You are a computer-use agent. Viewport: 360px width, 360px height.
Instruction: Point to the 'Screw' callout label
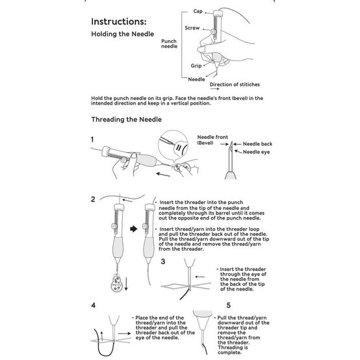pos(193,29)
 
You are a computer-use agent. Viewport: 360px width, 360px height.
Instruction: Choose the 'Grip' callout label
pos(196,66)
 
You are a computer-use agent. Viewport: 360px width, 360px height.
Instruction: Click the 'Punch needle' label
pos(169,44)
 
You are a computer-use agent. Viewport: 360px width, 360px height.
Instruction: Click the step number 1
pos(93,139)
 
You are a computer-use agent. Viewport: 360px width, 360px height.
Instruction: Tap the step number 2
pos(93,198)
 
